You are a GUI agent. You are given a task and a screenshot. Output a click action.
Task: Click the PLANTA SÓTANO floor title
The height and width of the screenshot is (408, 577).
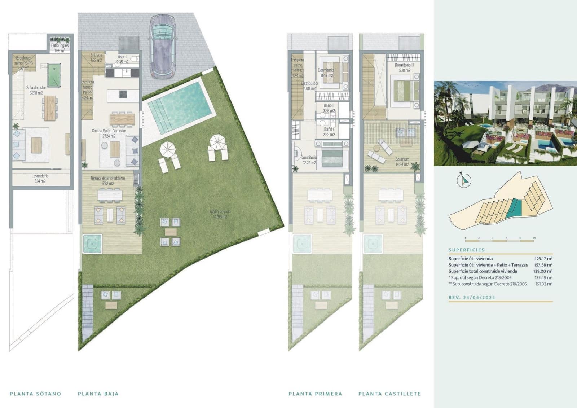[x=35, y=394]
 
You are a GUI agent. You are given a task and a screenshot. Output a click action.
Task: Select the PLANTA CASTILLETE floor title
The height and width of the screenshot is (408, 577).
[x=389, y=394]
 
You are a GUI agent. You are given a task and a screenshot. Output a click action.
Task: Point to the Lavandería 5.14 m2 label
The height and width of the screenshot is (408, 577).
[x=40, y=179]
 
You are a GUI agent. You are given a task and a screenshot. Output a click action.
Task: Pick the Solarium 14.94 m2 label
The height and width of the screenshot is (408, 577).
[x=402, y=162]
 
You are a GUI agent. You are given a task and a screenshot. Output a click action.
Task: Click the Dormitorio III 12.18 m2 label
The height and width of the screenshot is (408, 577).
[x=404, y=68]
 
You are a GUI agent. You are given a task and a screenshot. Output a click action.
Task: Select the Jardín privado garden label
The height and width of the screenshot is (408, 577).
[x=220, y=214]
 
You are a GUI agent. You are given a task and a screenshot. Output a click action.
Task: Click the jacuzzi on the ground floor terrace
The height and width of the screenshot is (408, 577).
[x=92, y=244]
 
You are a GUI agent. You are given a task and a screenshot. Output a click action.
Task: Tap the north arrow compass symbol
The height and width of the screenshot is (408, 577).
[x=464, y=180]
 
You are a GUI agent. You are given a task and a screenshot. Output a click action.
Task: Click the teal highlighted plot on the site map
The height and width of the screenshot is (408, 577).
[x=514, y=208]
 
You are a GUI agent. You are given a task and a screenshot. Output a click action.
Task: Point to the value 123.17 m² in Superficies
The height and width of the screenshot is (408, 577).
[x=543, y=259]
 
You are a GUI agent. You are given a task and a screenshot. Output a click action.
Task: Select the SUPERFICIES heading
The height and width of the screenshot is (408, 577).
[x=466, y=250]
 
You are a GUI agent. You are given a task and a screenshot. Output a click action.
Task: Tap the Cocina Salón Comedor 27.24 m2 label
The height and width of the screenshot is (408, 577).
[x=109, y=133]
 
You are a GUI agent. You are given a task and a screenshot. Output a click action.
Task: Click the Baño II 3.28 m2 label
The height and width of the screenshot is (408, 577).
[x=329, y=108]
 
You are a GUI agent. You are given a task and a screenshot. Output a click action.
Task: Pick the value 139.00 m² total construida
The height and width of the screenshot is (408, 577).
[x=543, y=271]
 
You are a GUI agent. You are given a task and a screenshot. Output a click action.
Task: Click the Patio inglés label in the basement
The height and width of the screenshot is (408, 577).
[x=60, y=48]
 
